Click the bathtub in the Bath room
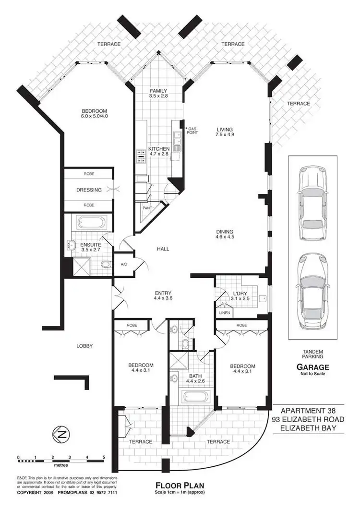[x=195, y=397]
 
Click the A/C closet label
[x=124, y=264]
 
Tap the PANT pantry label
[x=147, y=208]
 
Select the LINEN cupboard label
[x=225, y=313]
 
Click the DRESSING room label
[x=89, y=190]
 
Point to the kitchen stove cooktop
[x=141, y=154]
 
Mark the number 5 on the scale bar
[x=104, y=458]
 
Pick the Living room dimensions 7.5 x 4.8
[x=224, y=136]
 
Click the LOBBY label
[x=84, y=346]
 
